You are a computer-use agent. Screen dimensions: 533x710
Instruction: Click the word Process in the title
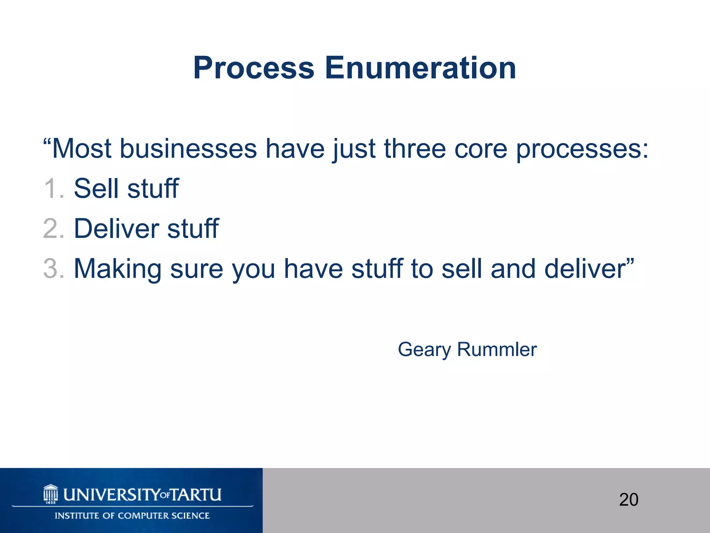coord(253,68)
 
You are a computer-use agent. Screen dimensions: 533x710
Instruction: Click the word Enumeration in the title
coord(420,68)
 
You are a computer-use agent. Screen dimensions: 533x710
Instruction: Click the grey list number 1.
coord(53,189)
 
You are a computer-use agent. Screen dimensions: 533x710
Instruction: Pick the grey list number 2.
coord(53,229)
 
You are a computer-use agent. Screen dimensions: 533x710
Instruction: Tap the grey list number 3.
coord(53,269)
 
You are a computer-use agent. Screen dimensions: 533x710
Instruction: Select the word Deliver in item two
coord(117,229)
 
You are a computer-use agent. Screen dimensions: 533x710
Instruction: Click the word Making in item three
coord(118,269)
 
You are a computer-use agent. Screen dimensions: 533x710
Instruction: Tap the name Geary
coord(424,350)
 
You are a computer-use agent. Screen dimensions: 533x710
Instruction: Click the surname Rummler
coord(497,349)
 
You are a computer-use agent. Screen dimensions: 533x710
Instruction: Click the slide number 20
coord(629,500)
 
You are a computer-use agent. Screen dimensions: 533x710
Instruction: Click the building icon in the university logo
coord(51,494)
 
